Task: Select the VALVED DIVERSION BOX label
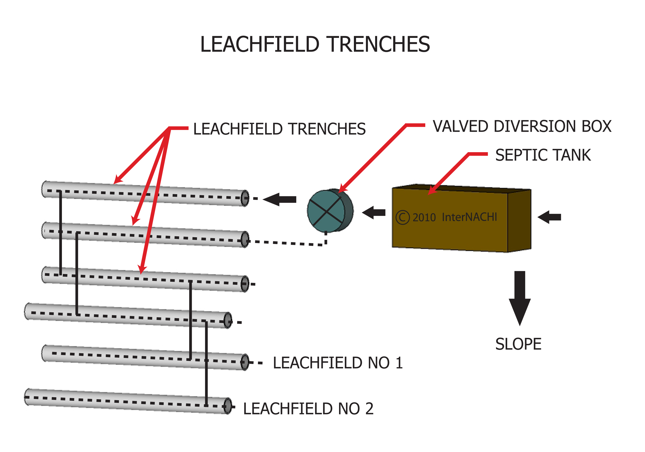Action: [x=522, y=126]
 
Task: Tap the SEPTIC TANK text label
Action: [x=543, y=155]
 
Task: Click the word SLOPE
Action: [x=518, y=344]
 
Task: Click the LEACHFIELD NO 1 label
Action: [x=338, y=363]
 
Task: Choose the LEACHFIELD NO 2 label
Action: [x=308, y=409]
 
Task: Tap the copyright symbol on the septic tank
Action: [x=402, y=217]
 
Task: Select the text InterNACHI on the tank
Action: [x=469, y=217]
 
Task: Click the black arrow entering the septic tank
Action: [x=549, y=217]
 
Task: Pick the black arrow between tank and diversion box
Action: [x=374, y=213]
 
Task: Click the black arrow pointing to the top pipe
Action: [x=279, y=200]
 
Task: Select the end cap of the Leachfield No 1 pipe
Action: [x=245, y=362]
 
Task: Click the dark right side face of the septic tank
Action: [x=519, y=221]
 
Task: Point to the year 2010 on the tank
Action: [x=424, y=218]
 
